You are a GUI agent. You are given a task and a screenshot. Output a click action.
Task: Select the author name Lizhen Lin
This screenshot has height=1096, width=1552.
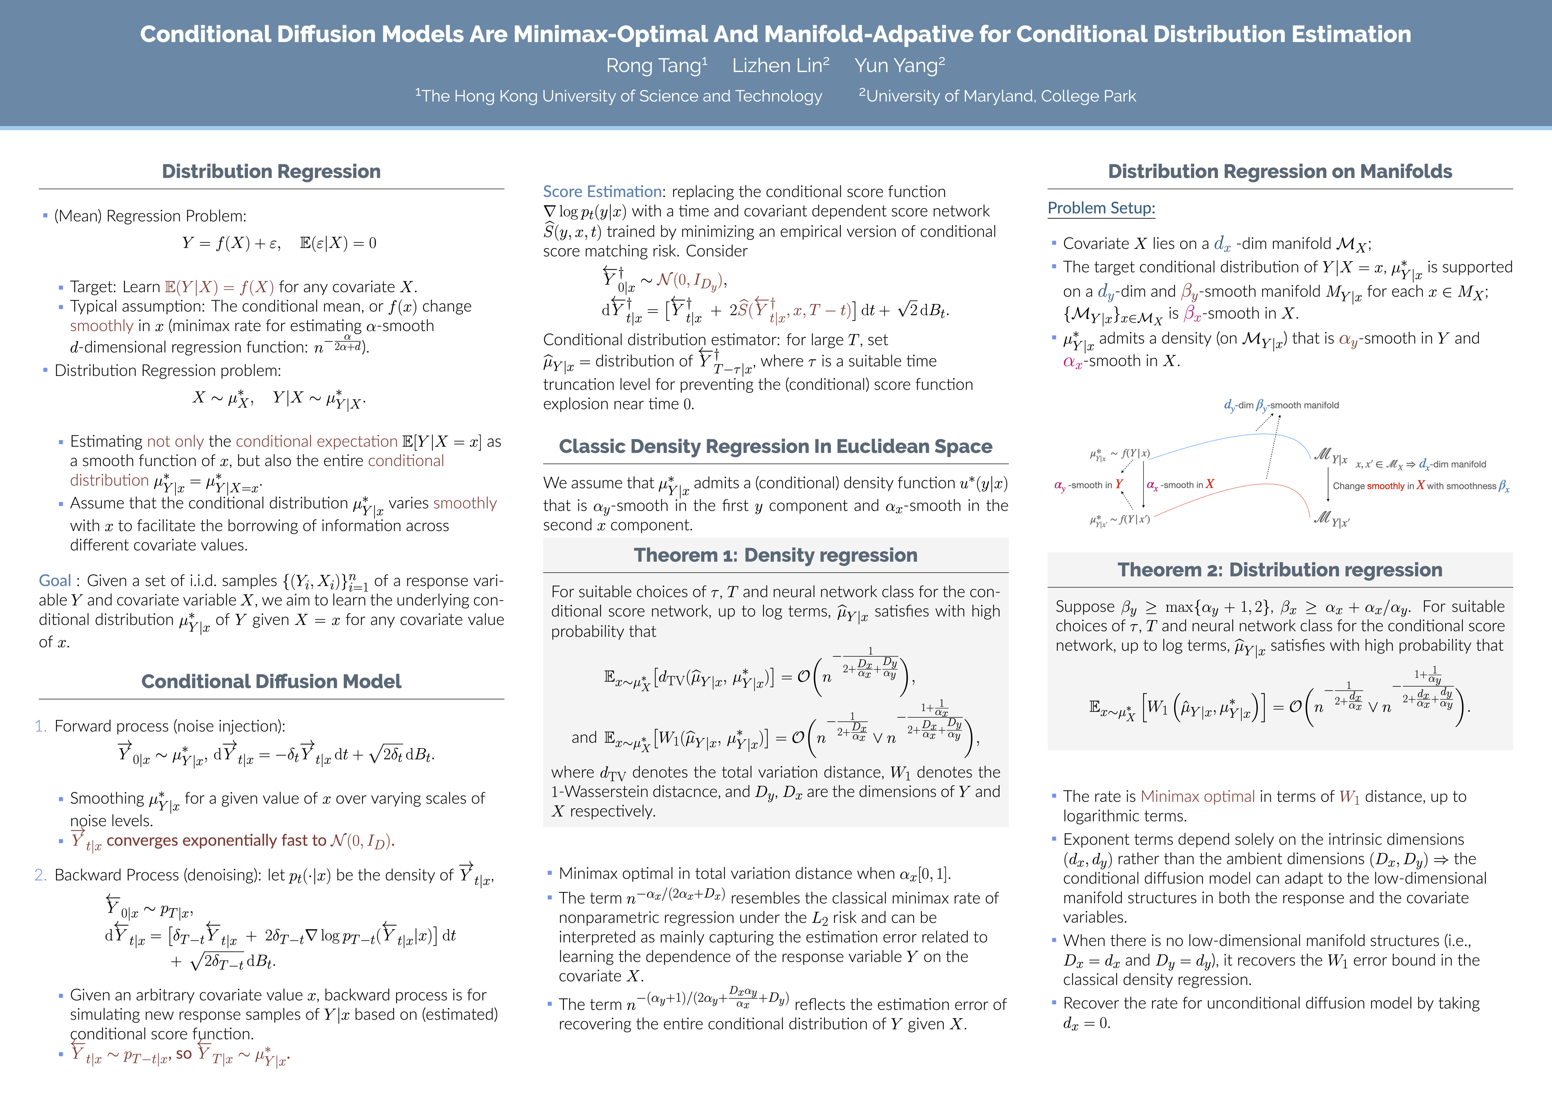tap(780, 65)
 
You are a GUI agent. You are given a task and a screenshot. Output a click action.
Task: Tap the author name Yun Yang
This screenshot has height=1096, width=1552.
tap(899, 65)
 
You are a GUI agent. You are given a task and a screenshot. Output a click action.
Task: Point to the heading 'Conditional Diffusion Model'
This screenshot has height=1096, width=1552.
tap(271, 681)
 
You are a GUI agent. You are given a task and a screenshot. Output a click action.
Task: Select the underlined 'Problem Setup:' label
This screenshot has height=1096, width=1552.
tap(1101, 208)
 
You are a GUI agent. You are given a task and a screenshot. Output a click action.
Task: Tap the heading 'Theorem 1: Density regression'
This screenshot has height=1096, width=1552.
tap(775, 556)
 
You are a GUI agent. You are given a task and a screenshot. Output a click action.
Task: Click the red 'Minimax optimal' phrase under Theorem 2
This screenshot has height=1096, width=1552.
tap(1197, 797)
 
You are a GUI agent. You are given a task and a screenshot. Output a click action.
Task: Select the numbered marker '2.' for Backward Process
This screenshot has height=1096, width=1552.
tap(41, 875)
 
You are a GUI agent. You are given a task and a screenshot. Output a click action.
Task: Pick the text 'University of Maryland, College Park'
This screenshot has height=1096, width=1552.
tap(1001, 96)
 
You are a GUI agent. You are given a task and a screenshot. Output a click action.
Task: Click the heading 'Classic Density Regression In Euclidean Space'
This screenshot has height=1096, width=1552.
tap(775, 447)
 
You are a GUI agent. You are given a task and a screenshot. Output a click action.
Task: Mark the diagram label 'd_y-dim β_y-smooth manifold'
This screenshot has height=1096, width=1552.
tap(1281, 405)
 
